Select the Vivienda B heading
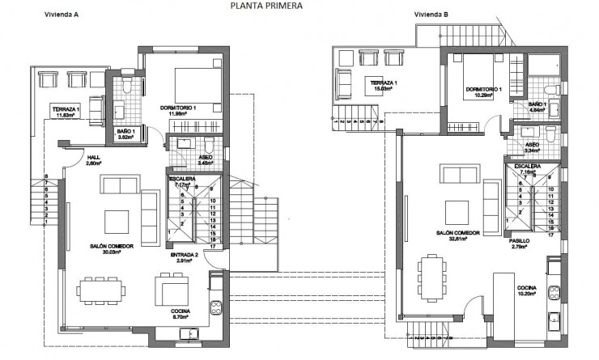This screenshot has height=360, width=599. pos(431,15)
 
